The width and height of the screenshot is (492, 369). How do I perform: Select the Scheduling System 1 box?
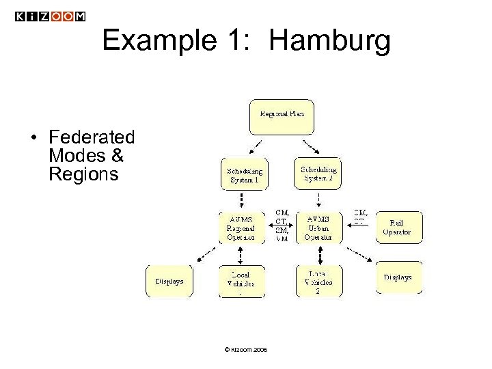pyautogui.click(x=244, y=174)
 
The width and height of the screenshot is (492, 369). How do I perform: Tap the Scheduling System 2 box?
pyautogui.click(x=318, y=173)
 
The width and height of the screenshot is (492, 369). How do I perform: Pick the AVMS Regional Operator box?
pyautogui.click(x=241, y=228)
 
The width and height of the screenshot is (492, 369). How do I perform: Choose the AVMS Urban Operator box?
pyautogui.click(x=318, y=228)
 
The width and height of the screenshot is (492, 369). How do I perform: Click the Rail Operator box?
pyautogui.click(x=399, y=228)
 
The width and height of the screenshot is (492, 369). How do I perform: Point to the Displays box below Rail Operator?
pyautogui.click(x=399, y=278)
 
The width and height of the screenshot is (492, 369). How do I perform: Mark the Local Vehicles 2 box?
pyautogui.click(x=318, y=281)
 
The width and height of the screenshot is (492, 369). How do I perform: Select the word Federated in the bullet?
pyautogui.click(x=92, y=138)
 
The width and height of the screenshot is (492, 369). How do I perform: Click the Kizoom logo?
pyautogui.click(x=51, y=16)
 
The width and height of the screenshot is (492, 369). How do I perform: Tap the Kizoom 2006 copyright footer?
pyautogui.click(x=245, y=351)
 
